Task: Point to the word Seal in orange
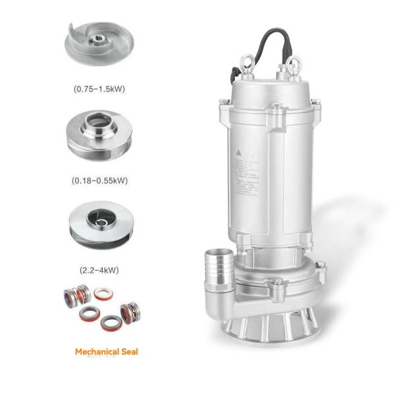pos(128,352)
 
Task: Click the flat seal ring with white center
pos(104,294)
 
